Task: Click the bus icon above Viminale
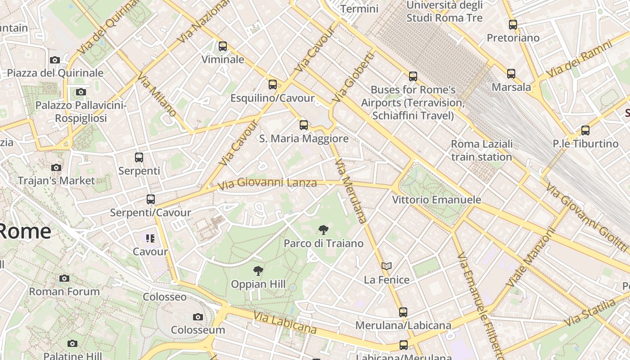(222, 46)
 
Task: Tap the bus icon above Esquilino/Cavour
(272, 85)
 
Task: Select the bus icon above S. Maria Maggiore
(304, 125)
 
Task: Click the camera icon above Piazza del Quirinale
(55, 60)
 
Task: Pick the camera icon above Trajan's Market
(56, 168)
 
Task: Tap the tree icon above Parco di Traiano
(323, 230)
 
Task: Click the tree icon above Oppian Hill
(258, 271)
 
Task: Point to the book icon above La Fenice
(387, 266)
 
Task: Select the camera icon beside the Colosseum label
(198, 317)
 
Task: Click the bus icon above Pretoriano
(513, 25)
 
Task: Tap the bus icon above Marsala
(511, 74)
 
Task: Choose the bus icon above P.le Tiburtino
(585, 130)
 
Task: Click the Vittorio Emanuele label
(436, 199)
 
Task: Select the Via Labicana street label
(284, 323)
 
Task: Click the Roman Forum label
(64, 291)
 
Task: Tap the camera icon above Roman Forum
(64, 278)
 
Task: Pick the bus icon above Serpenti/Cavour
(151, 199)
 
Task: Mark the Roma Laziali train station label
(481, 150)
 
